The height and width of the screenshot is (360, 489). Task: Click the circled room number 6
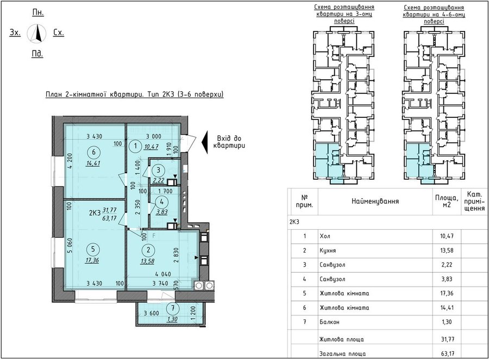(x=94, y=152)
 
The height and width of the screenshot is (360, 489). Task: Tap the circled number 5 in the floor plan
(x=93, y=249)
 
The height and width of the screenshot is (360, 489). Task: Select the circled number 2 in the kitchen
(x=148, y=250)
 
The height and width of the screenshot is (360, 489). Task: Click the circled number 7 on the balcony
(x=173, y=308)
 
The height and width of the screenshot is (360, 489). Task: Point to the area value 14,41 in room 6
(x=94, y=163)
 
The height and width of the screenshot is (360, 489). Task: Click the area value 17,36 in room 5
(x=92, y=260)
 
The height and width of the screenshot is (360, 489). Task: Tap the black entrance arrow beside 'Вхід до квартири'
(x=204, y=142)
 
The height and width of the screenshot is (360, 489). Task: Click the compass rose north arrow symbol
(x=37, y=33)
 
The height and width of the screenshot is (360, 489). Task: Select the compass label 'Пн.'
(x=38, y=12)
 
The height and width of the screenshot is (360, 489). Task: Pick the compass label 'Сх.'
(x=59, y=33)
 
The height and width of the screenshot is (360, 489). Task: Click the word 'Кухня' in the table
(x=328, y=250)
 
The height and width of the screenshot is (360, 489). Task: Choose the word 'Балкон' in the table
(x=329, y=322)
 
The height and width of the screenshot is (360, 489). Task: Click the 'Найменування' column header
(x=375, y=201)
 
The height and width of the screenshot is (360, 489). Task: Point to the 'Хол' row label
(x=325, y=236)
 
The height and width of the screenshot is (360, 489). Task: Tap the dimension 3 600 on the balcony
(x=151, y=313)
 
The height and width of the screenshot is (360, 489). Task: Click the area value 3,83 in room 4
(x=162, y=212)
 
